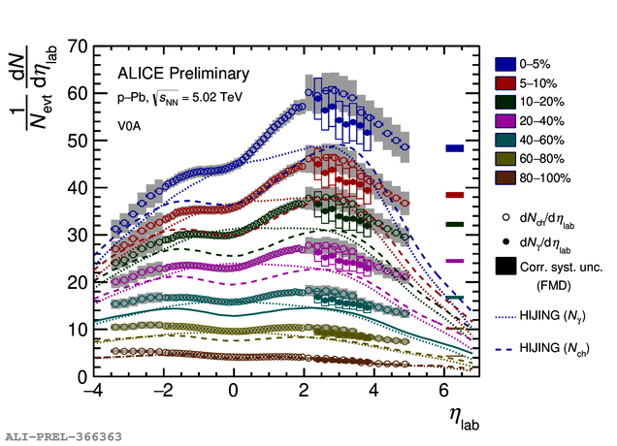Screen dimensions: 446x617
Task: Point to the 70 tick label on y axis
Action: pos(78,47)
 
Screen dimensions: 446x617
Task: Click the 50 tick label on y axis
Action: pos(78,141)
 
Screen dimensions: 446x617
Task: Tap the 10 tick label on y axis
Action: pos(78,330)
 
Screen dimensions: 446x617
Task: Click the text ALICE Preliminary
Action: pos(183,74)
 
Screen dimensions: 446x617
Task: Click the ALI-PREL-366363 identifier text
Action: pos(63,437)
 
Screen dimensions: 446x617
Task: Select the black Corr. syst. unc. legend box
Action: pos(506,264)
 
